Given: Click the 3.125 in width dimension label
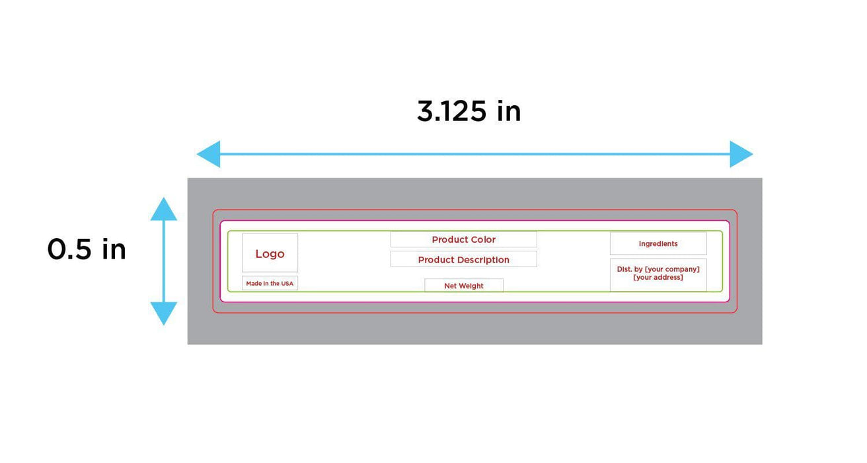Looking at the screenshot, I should pyautogui.click(x=469, y=111).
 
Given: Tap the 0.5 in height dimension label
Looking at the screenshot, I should pyautogui.click(x=87, y=249).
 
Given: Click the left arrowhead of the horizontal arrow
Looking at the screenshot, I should pyautogui.click(x=209, y=154).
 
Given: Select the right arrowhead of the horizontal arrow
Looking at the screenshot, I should pyautogui.click(x=741, y=154).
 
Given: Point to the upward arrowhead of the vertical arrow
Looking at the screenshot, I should pyautogui.click(x=164, y=210).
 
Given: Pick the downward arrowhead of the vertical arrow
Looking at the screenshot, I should pyautogui.click(x=164, y=313).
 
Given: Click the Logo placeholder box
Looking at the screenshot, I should pyautogui.click(x=270, y=253).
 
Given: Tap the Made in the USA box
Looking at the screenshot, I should pyautogui.click(x=270, y=283).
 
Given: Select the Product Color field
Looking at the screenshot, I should pyautogui.click(x=463, y=239).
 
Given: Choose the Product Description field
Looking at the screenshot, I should pyautogui.click(x=463, y=259).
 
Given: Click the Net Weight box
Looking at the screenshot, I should pyautogui.click(x=463, y=286).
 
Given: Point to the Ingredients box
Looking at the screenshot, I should pyautogui.click(x=658, y=243).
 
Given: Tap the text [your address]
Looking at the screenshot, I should pyautogui.click(x=658, y=278).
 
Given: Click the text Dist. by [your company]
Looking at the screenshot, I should pyautogui.click(x=658, y=269).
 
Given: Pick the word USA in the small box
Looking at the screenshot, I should pyautogui.click(x=287, y=283).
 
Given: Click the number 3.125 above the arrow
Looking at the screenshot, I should pyautogui.click(x=451, y=111).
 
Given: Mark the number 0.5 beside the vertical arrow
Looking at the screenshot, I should pyautogui.click(x=69, y=249).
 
